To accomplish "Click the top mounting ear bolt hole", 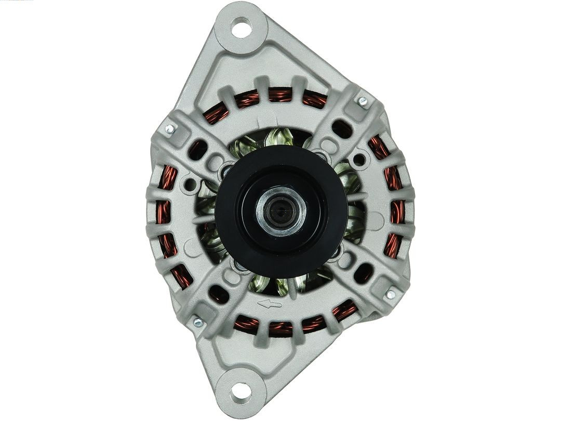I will coord(241,27).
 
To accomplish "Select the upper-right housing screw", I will coord(363,101).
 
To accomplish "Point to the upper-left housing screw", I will coord(169,128).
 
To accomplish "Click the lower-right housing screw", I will coord(390,294).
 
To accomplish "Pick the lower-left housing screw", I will coord(197,322).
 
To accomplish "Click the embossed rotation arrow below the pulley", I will coord(270,304).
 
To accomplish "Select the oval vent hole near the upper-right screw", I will coord(341,128).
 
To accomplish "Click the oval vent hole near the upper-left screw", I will coord(198,150).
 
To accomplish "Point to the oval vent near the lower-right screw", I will coord(363,272).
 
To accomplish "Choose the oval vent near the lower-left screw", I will coord(219,294).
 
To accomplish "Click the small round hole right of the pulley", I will coord(358,160).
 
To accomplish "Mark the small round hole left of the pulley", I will coord(191,184).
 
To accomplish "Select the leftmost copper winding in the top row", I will coord(216,113).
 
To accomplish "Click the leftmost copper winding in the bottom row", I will coord(246,324).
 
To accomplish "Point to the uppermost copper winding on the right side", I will coord(379,148).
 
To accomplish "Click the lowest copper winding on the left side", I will coord(182,276).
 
